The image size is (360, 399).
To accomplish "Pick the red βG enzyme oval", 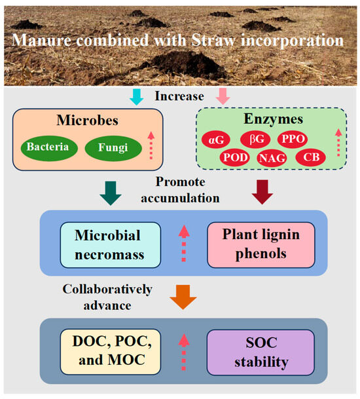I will tap(254, 140).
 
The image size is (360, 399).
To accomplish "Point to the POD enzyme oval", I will tap(233, 157).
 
